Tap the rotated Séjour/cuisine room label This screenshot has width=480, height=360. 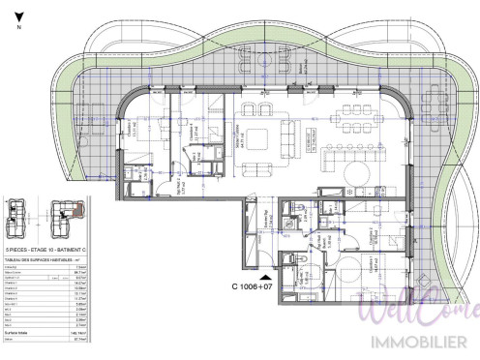click(239, 140)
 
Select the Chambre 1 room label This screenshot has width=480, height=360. click(131, 131)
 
